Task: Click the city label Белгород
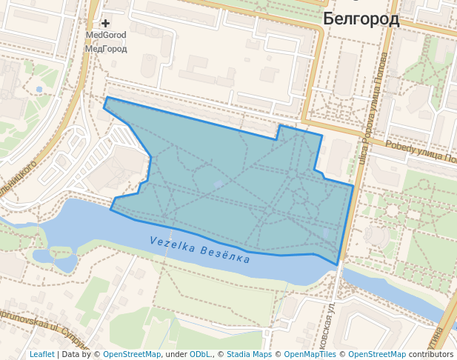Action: coord(361,20)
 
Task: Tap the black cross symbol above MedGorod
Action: coord(105,24)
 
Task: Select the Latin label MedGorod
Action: coord(106,35)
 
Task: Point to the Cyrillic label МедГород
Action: coord(106,49)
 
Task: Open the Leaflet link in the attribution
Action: coord(41,354)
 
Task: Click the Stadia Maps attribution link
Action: coord(249,354)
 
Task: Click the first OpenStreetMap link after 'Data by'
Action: coord(132,354)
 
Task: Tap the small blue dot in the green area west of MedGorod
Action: coord(39,90)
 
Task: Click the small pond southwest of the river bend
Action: coord(65,262)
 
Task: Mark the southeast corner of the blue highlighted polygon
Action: coord(338,264)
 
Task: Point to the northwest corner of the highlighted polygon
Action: coord(107,98)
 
